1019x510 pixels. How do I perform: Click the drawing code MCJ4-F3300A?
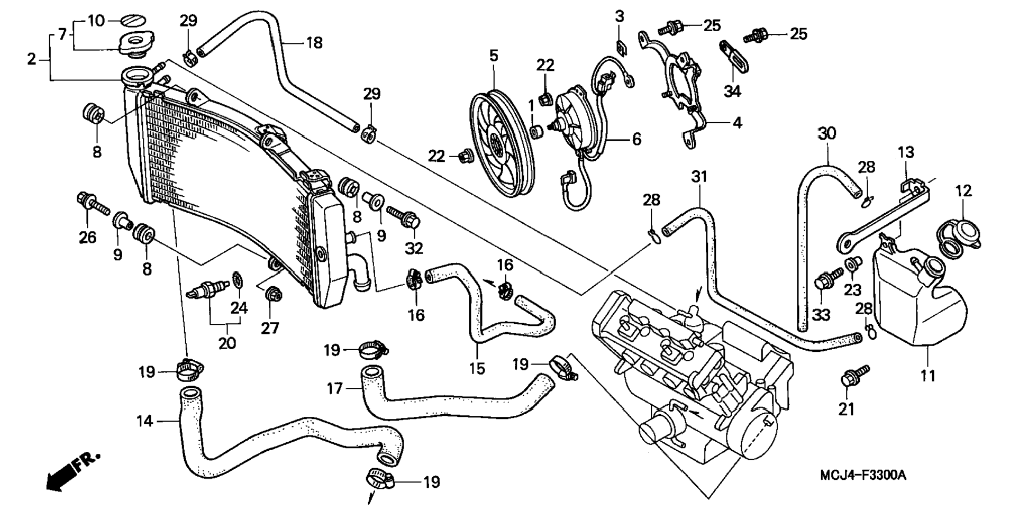[x=862, y=475]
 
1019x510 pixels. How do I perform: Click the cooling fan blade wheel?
[x=502, y=143]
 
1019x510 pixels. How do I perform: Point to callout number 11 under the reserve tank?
[x=928, y=376]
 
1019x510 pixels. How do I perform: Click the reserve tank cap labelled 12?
[x=959, y=235]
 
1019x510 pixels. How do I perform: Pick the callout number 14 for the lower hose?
[x=144, y=421]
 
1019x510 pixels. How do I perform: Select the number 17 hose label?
[x=335, y=389]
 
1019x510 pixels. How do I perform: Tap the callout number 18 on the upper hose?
[x=314, y=42]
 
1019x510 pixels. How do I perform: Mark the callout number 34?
[x=732, y=91]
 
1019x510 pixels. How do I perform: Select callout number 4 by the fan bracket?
[x=737, y=123]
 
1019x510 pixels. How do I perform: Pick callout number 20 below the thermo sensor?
[x=227, y=343]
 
